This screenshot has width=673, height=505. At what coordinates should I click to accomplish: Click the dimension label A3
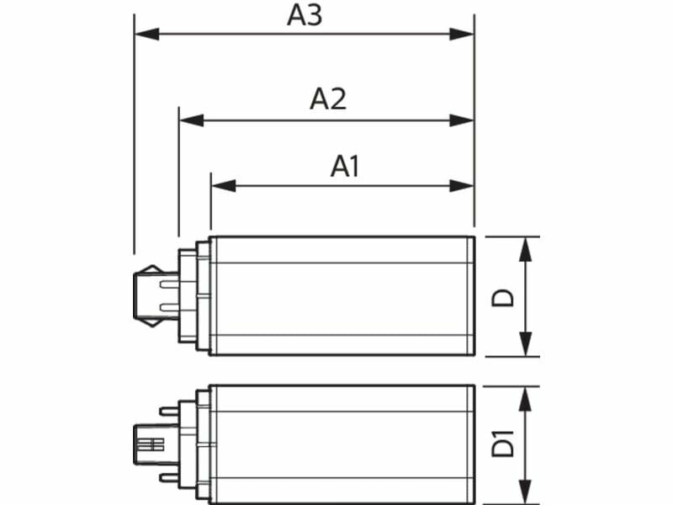click(305, 15)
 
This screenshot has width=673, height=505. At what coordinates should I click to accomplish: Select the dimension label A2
click(328, 99)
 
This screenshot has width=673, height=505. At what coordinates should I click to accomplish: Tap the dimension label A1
click(345, 166)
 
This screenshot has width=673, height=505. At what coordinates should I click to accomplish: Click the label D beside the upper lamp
click(503, 297)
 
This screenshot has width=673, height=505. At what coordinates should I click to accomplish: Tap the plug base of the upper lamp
click(156, 296)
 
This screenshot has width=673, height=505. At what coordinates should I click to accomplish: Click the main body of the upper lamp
click(341, 296)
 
